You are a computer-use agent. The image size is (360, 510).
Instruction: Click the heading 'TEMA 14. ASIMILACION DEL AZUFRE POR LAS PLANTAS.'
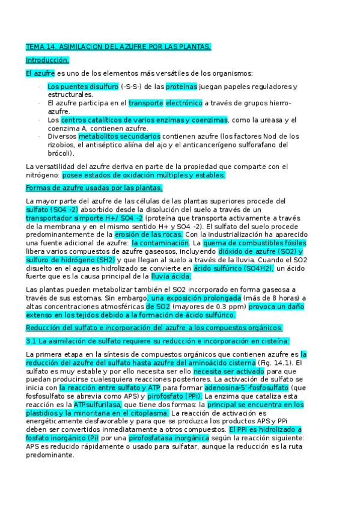(x=118, y=46)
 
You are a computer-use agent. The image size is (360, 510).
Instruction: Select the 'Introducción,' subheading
(x=47, y=60)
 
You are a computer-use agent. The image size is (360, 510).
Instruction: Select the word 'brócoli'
(x=59, y=153)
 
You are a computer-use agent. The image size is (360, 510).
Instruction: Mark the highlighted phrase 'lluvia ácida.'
(x=171, y=277)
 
